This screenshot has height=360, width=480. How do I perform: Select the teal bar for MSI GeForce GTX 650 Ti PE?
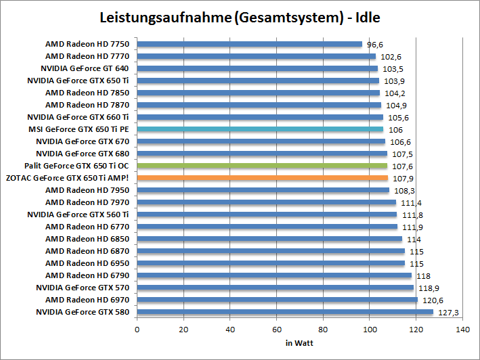260,129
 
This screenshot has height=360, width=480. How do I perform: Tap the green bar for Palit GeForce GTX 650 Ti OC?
262,166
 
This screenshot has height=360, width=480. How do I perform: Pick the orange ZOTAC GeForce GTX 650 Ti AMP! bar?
263,178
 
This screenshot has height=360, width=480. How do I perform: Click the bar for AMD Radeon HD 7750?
250,44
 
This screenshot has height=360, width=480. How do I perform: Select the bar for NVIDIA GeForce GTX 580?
285,312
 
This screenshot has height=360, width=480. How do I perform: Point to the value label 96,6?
375,45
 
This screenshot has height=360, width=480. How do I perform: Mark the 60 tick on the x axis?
277,330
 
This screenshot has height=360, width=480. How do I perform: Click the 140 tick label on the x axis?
463,330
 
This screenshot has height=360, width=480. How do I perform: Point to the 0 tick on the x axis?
137,330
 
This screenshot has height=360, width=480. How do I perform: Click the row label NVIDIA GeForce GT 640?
84,68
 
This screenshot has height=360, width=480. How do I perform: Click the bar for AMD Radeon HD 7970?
267,202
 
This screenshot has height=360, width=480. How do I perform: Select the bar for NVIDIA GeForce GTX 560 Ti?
267,215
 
